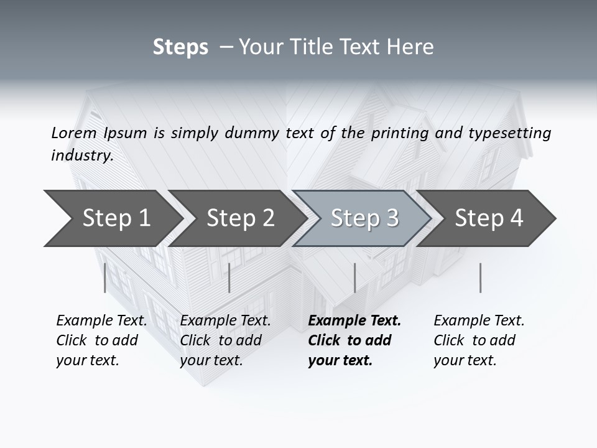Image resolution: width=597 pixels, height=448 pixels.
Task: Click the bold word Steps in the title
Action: click(180, 47)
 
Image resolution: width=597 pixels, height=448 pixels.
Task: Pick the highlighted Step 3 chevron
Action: click(364, 218)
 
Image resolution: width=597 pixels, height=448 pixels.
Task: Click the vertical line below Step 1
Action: click(105, 278)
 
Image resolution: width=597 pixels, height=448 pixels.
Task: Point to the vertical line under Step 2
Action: click(229, 278)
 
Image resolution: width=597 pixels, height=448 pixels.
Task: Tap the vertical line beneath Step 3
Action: click(354, 278)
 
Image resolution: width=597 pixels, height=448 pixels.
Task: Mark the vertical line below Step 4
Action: click(480, 278)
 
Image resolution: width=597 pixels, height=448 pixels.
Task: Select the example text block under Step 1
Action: click(101, 340)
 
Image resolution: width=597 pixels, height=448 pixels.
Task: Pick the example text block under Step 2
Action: click(225, 340)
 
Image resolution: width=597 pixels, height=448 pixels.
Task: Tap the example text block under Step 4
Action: click(479, 340)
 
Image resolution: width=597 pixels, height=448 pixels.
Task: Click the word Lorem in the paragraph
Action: click(73, 133)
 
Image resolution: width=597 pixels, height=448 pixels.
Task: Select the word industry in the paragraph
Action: click(81, 156)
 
